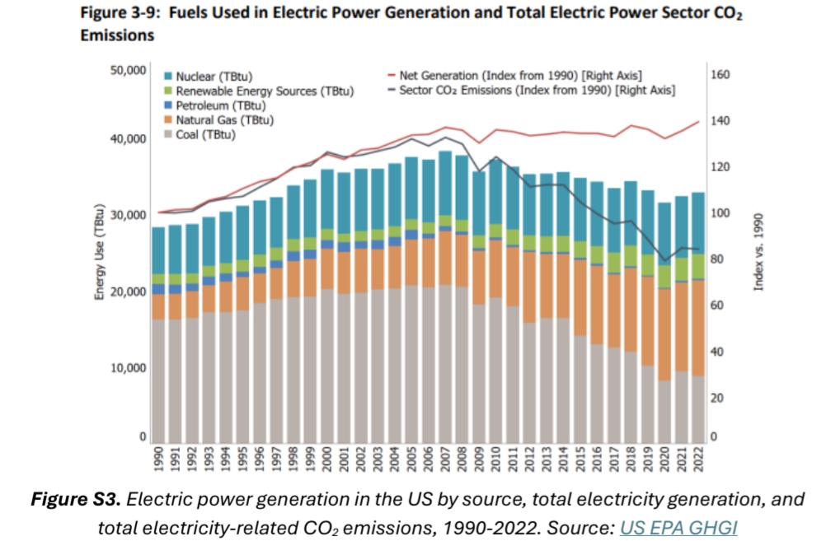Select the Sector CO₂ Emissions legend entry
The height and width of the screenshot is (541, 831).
[537, 90]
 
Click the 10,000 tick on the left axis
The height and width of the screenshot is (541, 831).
[127, 367]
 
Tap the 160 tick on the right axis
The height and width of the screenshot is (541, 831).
[719, 75]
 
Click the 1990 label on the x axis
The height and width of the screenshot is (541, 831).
[158, 462]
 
